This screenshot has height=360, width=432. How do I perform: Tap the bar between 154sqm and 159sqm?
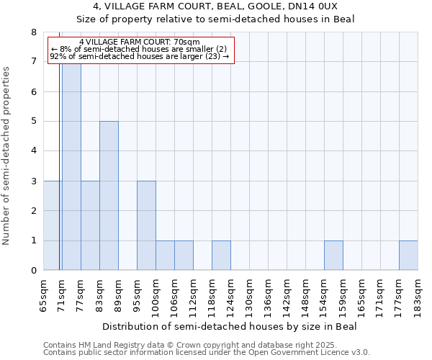pyautogui.click(x=333, y=256)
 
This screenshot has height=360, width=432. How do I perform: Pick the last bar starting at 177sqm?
pyautogui.click(x=408, y=256)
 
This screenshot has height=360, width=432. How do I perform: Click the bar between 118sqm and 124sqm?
pyautogui.click(x=221, y=256)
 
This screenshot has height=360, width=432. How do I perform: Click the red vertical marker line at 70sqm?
pyautogui.click(x=59, y=180)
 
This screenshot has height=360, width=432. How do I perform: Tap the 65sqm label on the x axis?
pyautogui.click(x=44, y=294)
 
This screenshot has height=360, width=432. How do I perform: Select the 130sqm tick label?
pyautogui.click(x=250, y=294)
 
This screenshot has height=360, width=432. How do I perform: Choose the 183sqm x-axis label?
pyautogui.click(x=418, y=294)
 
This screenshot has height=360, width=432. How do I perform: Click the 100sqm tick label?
pyautogui.click(x=156, y=294)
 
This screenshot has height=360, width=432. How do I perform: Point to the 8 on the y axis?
pyautogui.click(x=33, y=32)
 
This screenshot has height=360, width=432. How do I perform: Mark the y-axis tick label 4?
pyautogui.click(x=33, y=151)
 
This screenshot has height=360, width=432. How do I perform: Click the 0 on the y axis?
pyautogui.click(x=33, y=271)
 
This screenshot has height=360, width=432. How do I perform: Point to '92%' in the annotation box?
pyautogui.click(x=58, y=56)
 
